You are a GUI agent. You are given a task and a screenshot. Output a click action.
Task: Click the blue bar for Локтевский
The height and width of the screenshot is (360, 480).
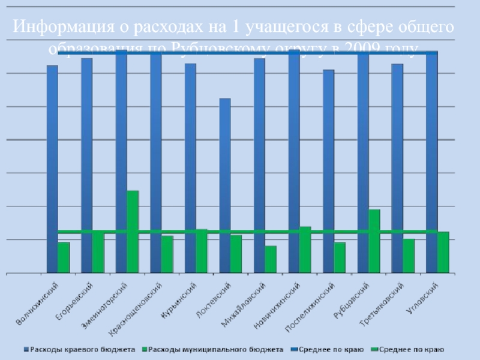tap(225, 186)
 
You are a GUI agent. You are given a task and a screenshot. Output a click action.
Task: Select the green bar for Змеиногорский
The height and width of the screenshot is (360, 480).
tap(133, 232)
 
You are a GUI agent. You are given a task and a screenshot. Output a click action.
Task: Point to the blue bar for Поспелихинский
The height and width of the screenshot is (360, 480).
tap(329, 172)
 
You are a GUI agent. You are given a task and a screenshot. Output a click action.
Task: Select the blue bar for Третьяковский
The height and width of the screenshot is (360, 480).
tap(398, 169)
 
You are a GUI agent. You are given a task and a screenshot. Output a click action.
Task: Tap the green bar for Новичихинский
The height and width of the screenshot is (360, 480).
tap(305, 250)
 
